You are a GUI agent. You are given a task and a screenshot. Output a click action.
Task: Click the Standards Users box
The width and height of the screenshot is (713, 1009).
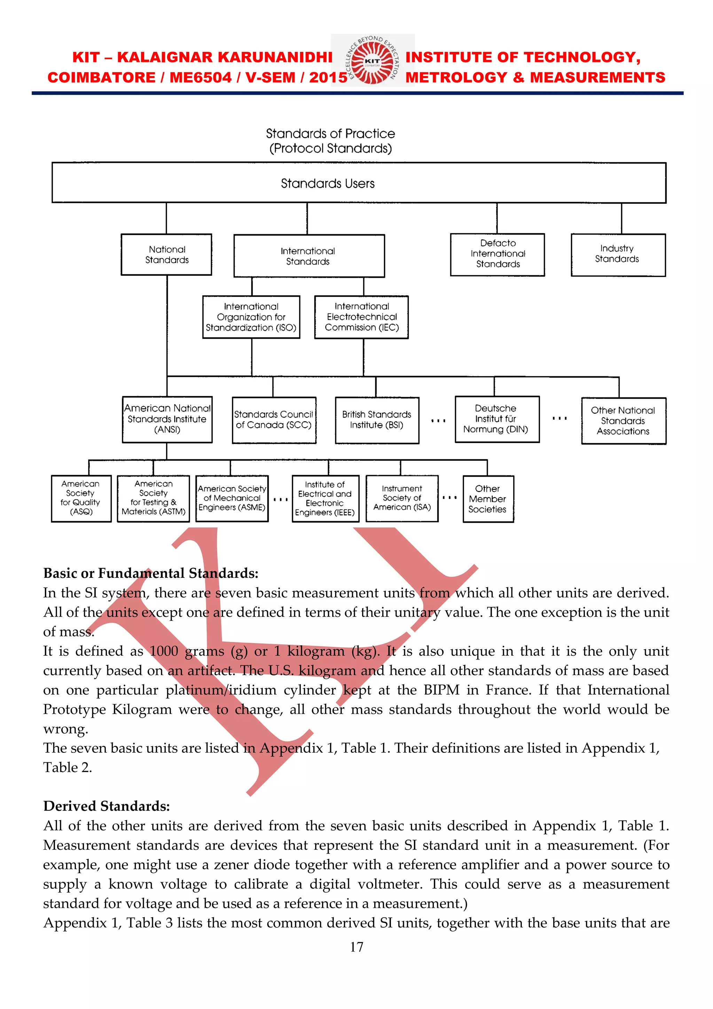[x=359, y=183]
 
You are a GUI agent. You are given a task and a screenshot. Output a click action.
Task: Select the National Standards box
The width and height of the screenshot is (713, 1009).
[x=166, y=254]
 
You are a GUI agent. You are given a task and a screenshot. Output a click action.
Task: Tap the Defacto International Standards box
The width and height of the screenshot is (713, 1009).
[x=497, y=254]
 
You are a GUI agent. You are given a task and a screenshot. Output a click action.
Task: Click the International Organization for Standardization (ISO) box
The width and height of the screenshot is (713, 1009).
[x=251, y=317]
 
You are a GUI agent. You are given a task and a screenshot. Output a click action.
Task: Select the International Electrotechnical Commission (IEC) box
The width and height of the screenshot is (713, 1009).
[x=361, y=317]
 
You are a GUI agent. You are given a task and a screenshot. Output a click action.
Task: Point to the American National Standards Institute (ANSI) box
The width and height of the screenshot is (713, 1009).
[x=167, y=419]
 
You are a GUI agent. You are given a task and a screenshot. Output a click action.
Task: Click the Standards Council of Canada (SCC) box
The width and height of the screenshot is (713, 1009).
[x=274, y=420]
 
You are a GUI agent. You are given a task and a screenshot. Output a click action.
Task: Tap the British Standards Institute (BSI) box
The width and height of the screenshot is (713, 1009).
[x=377, y=420]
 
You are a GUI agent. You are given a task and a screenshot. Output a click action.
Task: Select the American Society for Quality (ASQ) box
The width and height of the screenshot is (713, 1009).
[x=81, y=498]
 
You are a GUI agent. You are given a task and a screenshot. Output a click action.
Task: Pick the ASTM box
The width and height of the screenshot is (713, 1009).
[x=153, y=498]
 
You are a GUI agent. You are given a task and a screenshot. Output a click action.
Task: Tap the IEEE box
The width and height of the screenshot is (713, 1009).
[x=325, y=498]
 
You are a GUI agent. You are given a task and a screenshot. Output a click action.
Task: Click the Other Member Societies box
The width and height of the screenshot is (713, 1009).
[x=488, y=499]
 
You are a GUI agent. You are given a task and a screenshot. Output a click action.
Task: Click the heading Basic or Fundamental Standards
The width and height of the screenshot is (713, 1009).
[x=151, y=573]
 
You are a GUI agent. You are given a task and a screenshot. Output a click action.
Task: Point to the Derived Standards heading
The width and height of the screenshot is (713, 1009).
[x=106, y=806]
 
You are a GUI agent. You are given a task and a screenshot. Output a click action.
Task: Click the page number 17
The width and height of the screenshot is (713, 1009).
[x=356, y=947]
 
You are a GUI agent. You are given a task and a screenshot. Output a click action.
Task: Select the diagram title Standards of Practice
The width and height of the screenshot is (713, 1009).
[x=330, y=133]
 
